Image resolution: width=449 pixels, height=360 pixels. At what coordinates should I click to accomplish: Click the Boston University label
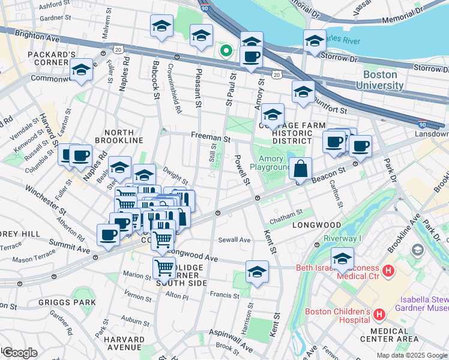pos(383,80)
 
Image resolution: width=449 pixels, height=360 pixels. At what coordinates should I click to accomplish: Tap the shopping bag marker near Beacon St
pos(301,169)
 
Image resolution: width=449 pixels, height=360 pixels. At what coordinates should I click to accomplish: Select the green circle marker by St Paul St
pos(226,50)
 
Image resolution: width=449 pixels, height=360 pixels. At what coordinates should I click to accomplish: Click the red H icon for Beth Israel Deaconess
pos(388,271)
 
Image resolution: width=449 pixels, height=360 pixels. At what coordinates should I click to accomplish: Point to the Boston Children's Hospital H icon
pos(379,314)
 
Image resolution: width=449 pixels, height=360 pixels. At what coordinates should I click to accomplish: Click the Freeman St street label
pos(210,137)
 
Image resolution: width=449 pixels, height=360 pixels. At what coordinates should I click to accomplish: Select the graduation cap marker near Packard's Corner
pos(81,70)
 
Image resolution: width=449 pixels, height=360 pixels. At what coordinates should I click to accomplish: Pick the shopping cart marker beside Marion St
pos(164,268)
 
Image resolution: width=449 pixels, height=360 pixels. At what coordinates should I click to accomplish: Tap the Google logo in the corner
pos(20,353)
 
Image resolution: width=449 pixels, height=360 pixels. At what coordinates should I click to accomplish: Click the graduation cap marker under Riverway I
pos(342,259)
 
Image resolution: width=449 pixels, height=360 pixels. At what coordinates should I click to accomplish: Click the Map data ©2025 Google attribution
pos(412,355)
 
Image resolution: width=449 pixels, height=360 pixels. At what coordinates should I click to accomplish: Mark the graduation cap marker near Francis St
pos(257,272)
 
